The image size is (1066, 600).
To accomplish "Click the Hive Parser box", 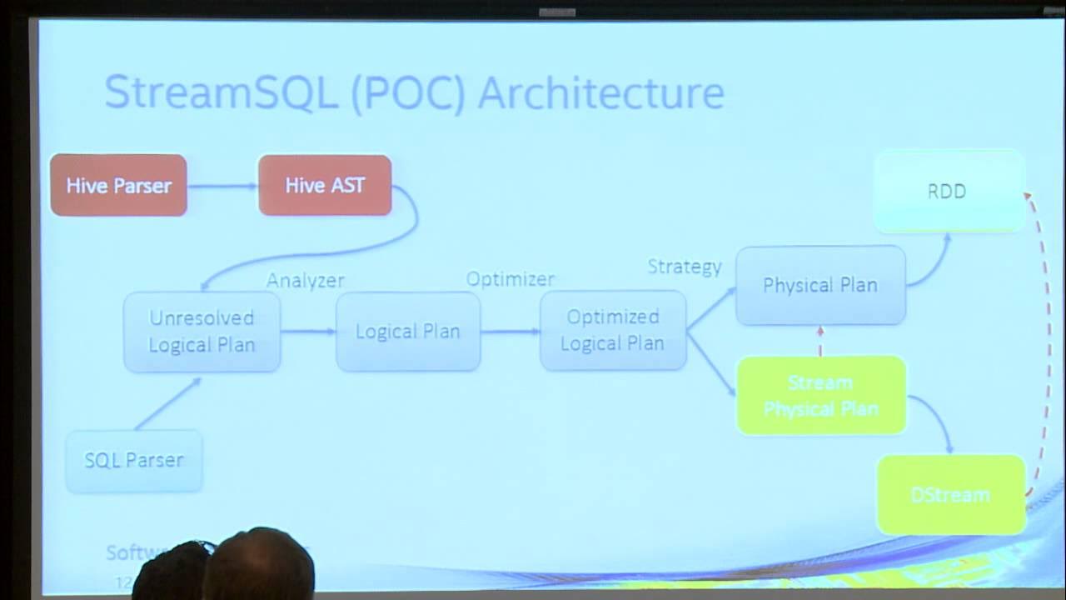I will point(118,185).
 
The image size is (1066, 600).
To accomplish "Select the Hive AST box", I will point(325,185).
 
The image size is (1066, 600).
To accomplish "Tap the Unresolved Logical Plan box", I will point(202,332).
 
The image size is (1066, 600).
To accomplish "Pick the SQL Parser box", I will point(134,460).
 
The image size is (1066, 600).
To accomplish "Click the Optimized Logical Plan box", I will point(613,330).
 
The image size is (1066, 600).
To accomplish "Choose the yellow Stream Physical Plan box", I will point(820,396).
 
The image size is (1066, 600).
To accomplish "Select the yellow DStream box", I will point(950,495).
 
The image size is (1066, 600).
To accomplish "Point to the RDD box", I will point(948,191).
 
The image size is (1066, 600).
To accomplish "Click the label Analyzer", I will point(305,281).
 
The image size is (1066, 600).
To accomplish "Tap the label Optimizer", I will point(510,278).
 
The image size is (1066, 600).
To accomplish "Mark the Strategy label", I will point(685,267).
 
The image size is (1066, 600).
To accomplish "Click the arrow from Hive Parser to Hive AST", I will point(222,186).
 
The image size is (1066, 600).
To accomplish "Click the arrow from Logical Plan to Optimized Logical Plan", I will point(510,332).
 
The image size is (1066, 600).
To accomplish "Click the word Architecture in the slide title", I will point(600,92).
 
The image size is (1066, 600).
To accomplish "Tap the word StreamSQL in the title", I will point(221,92).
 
